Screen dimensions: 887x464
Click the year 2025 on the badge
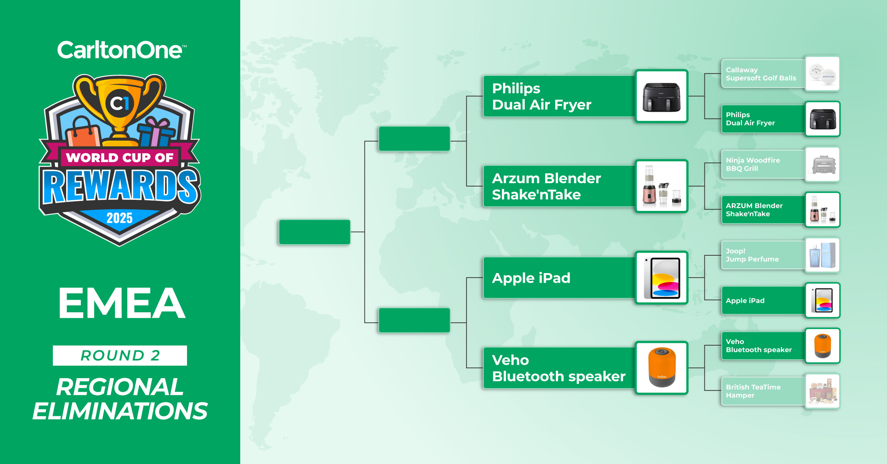[119, 218]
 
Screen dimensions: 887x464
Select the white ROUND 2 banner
[120, 356]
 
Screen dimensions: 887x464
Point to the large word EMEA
[122, 303]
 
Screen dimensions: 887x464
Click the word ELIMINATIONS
[120, 411]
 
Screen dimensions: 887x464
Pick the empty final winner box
[315, 232]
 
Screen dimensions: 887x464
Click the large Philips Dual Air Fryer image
[662, 96]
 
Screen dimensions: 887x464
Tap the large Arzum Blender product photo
[662, 186]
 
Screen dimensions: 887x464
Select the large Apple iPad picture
[662, 278]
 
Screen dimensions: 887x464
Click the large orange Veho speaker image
[662, 368]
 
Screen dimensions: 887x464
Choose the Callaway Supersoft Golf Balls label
[761, 74]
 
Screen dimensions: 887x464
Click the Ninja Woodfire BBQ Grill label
[753, 164]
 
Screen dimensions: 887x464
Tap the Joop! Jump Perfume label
[752, 255]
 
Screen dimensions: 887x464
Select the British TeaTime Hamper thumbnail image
[822, 391]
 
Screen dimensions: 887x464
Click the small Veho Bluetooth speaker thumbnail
[822, 346]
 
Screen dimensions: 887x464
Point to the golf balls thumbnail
[822, 74]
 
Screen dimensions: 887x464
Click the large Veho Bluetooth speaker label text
[558, 368]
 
